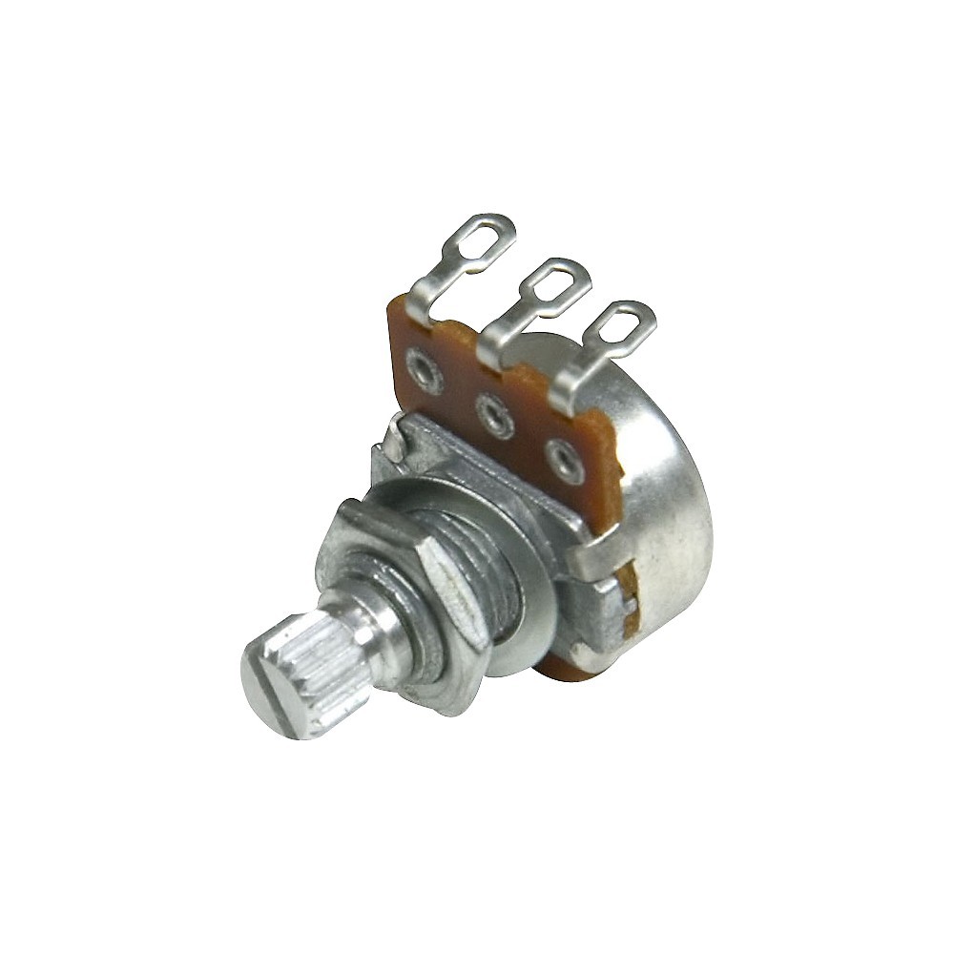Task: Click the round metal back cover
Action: pyautogui.click(x=668, y=506)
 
